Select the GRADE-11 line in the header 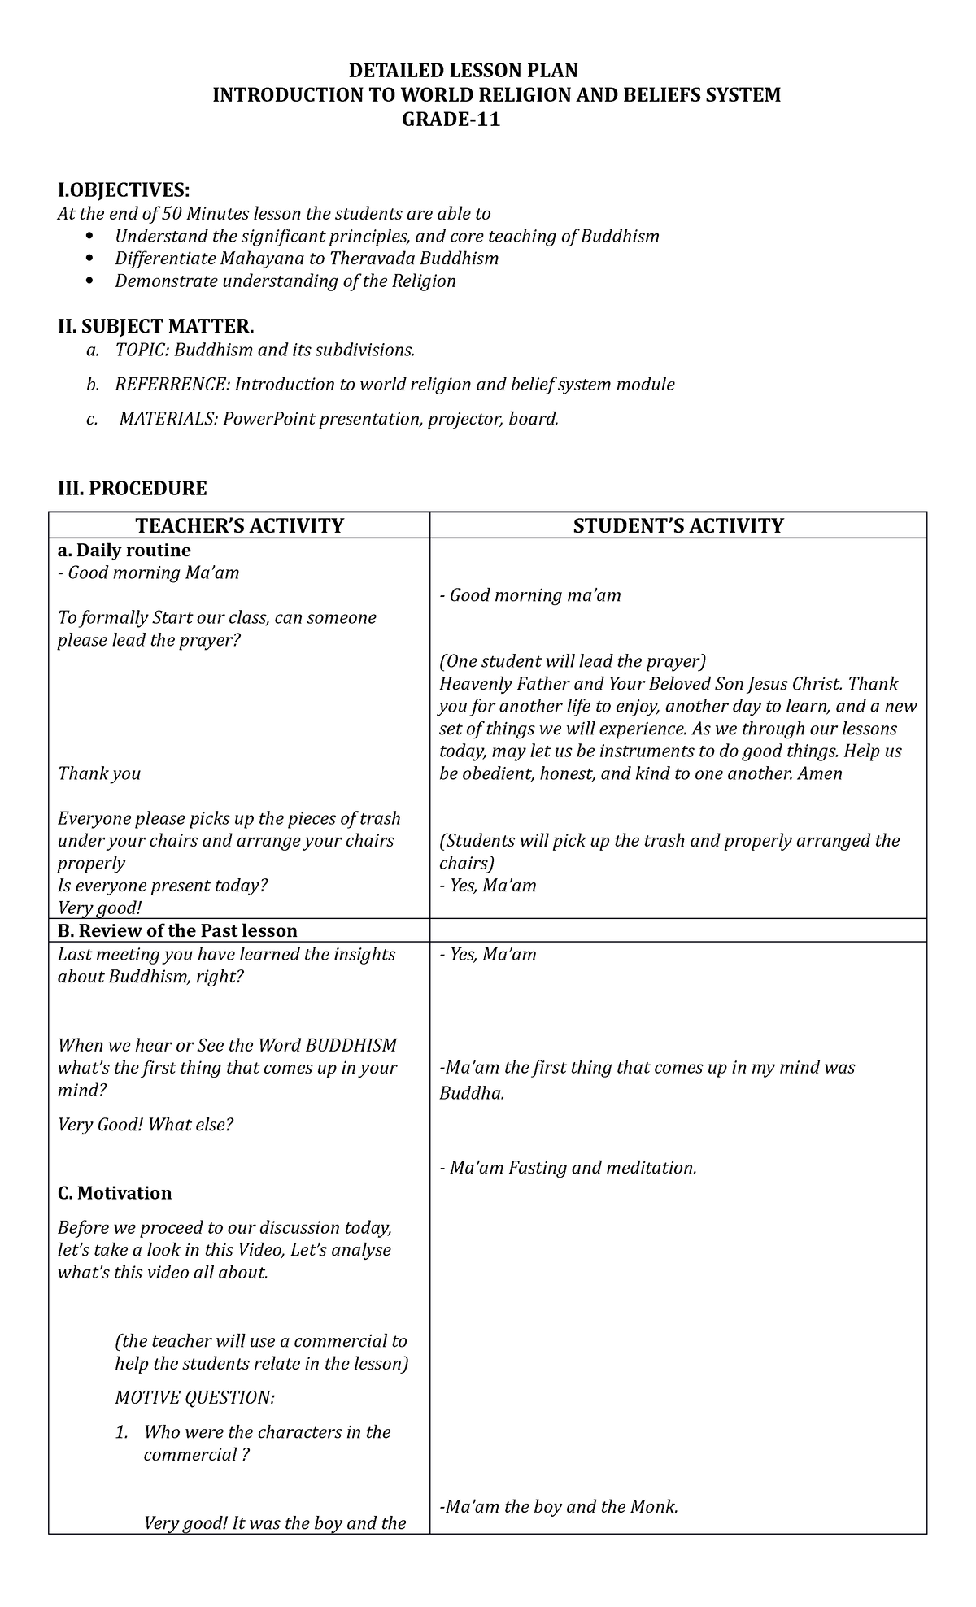click(451, 120)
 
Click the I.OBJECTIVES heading click(123, 190)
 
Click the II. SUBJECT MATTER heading click(155, 327)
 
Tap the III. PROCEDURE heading click(132, 489)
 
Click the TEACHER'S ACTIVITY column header click(239, 526)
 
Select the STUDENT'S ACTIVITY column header click(678, 526)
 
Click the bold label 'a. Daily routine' click(124, 551)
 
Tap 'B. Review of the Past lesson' click(177, 931)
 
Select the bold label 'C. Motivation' click(115, 1193)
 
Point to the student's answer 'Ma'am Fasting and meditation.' click(568, 1169)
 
